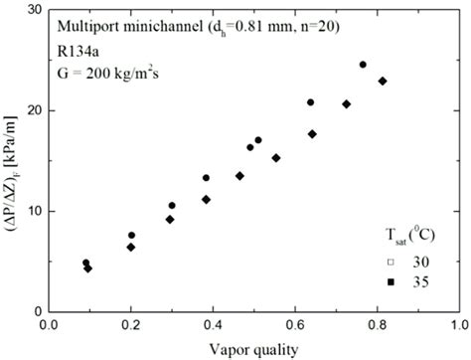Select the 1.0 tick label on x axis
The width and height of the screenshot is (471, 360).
458,324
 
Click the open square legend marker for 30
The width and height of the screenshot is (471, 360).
392,263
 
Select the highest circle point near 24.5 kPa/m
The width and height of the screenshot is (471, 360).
363,65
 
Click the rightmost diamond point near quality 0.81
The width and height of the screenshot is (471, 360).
383,82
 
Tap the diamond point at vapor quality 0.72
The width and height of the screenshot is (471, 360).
347,103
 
